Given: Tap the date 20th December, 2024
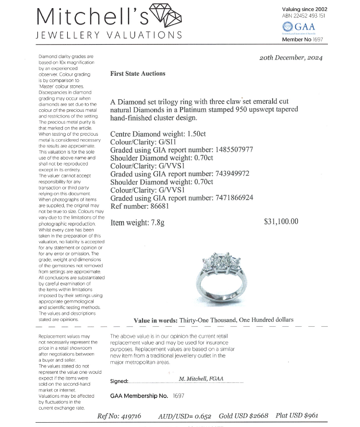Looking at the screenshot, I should click(x=291, y=58).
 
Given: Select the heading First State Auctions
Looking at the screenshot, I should click(x=138, y=74).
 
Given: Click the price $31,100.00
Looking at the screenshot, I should click(x=281, y=222).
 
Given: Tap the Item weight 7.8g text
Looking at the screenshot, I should click(x=137, y=223).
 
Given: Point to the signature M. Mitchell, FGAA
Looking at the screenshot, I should click(x=201, y=379).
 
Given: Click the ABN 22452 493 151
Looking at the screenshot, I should click(x=304, y=16).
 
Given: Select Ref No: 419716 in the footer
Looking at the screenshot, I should click(x=119, y=416).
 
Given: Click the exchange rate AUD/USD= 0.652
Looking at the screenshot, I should click(x=184, y=416).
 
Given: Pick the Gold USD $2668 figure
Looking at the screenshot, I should click(x=243, y=416).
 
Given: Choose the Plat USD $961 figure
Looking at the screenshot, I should click(x=297, y=416).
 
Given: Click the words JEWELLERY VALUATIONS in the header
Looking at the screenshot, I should click(x=109, y=35).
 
